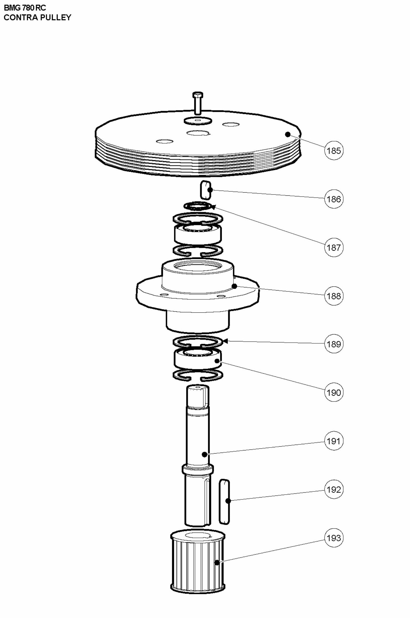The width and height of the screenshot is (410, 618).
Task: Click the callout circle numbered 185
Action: point(334,151)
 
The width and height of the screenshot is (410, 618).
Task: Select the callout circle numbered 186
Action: point(334,199)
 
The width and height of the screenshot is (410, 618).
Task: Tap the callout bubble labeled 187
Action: point(334,247)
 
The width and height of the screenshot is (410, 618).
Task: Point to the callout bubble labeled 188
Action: point(334,296)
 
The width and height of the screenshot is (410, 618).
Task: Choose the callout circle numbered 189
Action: point(334,344)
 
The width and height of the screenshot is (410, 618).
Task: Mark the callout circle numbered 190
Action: point(334,392)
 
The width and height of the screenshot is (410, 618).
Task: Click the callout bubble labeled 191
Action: point(334,441)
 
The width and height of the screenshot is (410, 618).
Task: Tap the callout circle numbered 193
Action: point(334,538)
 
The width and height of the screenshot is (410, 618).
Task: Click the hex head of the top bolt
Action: point(198,94)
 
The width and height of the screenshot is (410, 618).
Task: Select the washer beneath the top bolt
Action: point(198,121)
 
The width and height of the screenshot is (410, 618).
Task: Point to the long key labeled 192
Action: point(224,502)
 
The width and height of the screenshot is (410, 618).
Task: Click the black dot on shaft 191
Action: point(205,454)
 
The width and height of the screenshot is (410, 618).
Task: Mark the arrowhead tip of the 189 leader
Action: point(224,341)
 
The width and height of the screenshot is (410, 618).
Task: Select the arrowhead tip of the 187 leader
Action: point(212,206)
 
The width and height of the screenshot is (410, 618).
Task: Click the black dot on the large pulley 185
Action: point(288,134)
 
